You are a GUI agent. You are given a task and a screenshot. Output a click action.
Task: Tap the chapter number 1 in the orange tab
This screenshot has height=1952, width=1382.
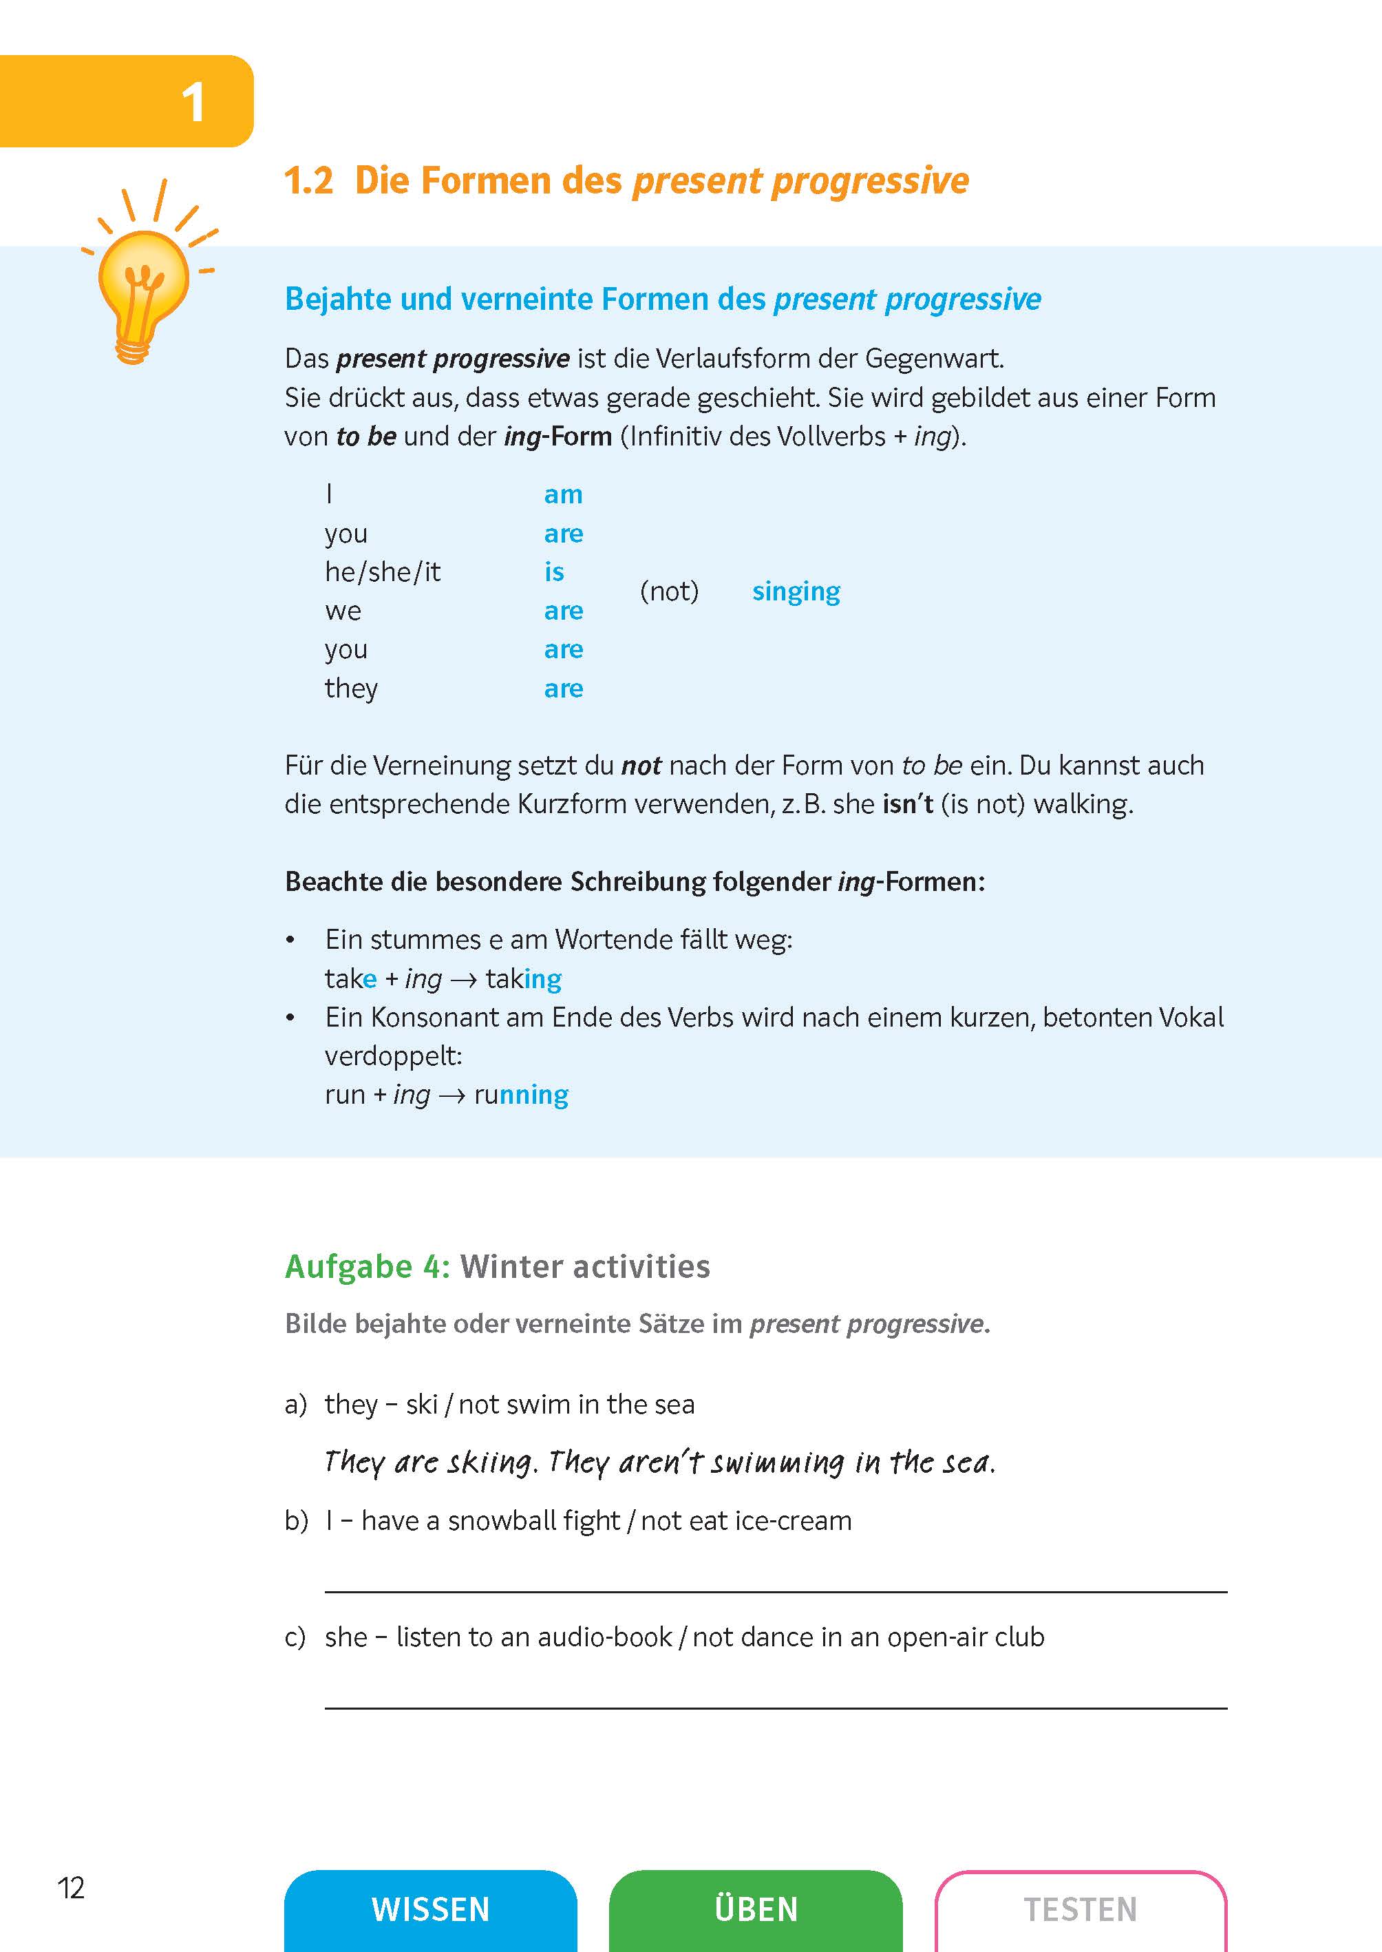click(193, 103)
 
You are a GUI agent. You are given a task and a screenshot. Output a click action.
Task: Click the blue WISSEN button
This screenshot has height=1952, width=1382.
click(431, 1909)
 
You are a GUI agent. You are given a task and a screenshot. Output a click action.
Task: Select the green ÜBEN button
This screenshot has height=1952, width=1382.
click(756, 1909)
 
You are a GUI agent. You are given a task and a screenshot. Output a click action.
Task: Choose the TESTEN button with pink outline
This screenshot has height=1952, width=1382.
click(1080, 1909)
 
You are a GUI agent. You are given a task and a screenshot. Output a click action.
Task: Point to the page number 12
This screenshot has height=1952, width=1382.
click(71, 1887)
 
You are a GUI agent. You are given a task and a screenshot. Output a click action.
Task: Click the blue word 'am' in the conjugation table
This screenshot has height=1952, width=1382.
click(562, 494)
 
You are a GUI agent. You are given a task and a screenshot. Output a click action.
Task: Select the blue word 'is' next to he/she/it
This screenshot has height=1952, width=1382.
click(554, 572)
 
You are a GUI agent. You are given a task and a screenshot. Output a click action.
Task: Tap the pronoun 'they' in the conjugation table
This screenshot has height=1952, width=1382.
click(350, 688)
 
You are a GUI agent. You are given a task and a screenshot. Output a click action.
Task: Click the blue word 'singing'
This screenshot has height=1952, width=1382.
click(796, 591)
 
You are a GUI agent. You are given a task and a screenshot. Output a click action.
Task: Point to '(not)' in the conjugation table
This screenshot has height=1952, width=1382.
click(669, 591)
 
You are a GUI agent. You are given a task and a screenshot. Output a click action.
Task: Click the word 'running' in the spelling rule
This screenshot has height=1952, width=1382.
click(521, 1095)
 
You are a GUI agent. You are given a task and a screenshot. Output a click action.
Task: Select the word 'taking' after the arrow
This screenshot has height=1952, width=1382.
click(523, 979)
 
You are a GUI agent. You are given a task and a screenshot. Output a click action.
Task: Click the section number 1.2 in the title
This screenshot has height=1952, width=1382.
click(308, 180)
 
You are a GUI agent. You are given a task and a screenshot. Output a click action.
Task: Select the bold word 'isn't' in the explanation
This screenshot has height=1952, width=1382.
click(907, 804)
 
